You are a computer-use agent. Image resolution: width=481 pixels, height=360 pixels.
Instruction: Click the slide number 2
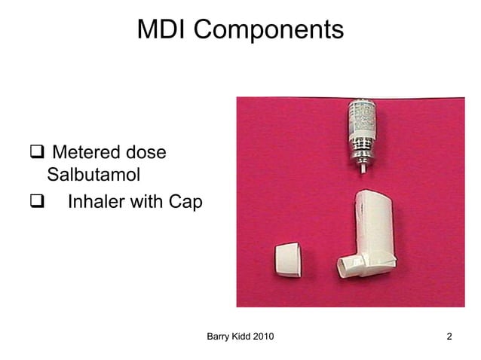tap(449, 336)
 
